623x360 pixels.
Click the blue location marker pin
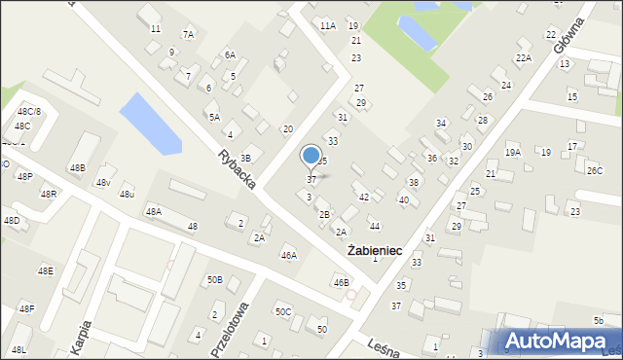pyautogui.click(x=311, y=156)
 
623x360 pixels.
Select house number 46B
pyautogui.click(x=341, y=283)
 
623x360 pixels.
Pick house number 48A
pyautogui.click(x=153, y=211)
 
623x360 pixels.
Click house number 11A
pyautogui.click(x=327, y=26)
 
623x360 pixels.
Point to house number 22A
pyautogui.click(x=524, y=58)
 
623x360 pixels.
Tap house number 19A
pyautogui.click(x=512, y=152)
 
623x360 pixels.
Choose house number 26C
pyautogui.click(x=594, y=170)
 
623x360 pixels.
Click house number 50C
pyautogui.click(x=282, y=312)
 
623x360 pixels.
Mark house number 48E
pyautogui.click(x=45, y=270)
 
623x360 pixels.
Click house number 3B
pyautogui.click(x=245, y=158)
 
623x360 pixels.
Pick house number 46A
pyautogui.click(x=288, y=256)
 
